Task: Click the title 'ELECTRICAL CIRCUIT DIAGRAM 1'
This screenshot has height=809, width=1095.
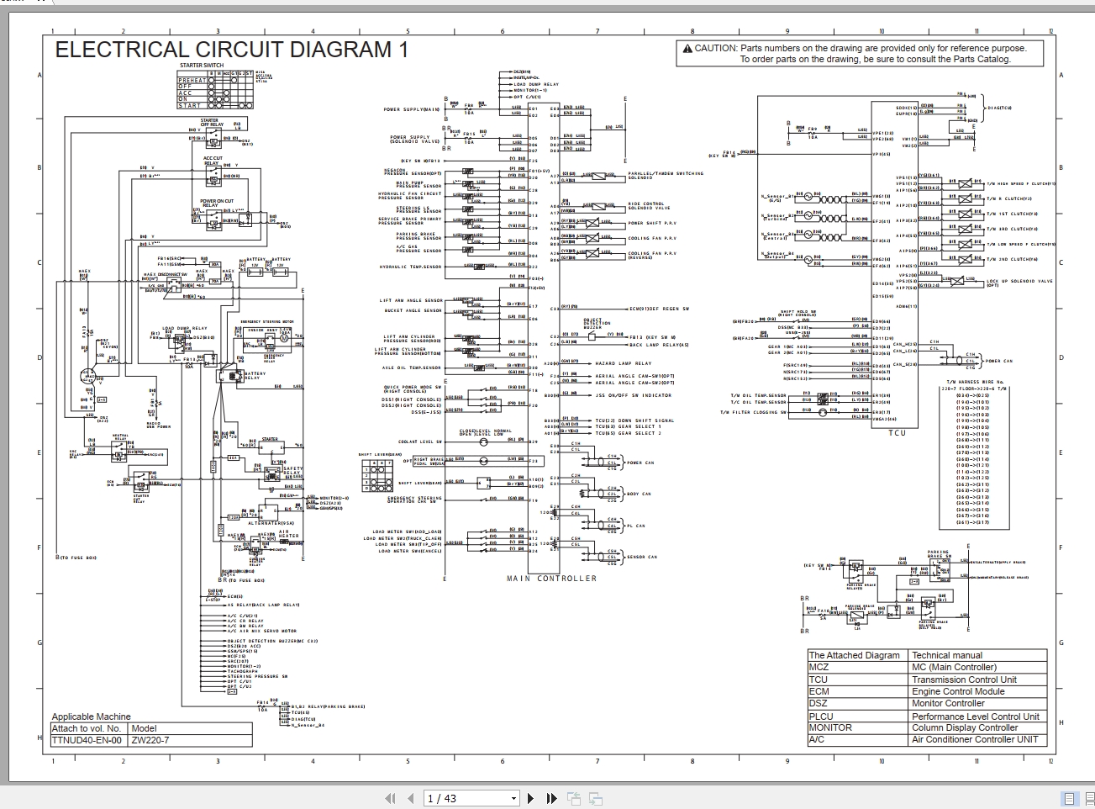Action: (231, 50)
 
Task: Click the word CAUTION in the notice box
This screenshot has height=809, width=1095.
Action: (715, 49)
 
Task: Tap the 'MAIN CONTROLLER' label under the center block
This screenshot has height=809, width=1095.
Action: (551, 579)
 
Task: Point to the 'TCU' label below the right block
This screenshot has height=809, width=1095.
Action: (898, 433)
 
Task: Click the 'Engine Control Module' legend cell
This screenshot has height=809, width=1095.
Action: (958, 691)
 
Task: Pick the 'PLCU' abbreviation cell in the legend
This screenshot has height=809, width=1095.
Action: (821, 716)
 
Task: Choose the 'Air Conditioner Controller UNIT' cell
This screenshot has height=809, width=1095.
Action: (975, 740)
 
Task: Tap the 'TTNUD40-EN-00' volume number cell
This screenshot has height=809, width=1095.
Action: (87, 741)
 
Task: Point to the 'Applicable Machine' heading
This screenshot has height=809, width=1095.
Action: (92, 717)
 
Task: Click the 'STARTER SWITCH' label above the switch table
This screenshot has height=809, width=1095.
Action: (202, 65)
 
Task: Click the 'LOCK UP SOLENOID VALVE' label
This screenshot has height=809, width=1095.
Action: (1019, 283)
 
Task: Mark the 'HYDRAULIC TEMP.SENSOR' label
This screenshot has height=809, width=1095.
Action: (410, 267)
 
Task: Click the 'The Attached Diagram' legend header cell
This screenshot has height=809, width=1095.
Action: (854, 655)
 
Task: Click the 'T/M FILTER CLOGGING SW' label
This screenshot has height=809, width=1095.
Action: (753, 413)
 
